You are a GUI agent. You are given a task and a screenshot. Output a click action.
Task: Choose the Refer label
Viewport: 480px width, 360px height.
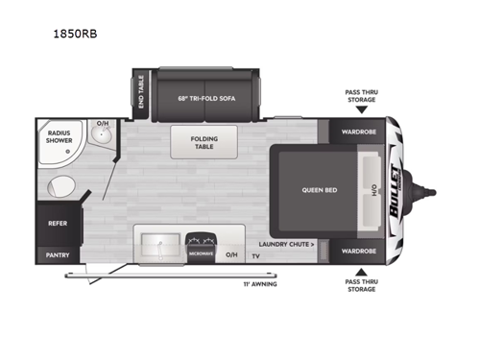57,223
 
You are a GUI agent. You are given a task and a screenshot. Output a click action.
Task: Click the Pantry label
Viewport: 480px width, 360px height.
57,254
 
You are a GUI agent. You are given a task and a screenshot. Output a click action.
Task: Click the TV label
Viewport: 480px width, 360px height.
256,257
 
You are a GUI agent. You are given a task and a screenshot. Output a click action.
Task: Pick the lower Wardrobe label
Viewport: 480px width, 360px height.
356,252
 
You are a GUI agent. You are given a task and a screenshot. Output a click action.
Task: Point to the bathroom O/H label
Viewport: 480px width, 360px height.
102,125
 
